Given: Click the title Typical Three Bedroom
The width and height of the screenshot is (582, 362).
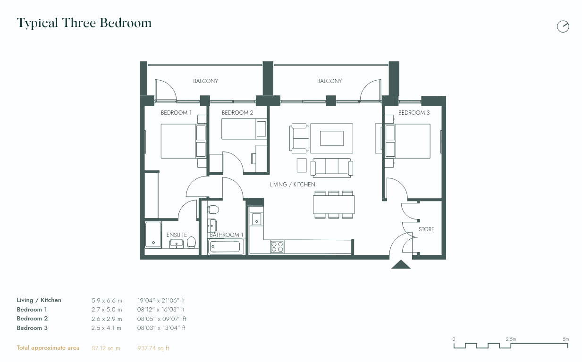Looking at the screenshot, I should (x=84, y=23).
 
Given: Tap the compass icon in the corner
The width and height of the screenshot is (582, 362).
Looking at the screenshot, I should (x=563, y=26).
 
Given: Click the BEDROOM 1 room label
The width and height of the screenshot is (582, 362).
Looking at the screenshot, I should (x=176, y=113).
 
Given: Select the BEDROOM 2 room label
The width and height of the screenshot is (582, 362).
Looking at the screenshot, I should (x=237, y=113).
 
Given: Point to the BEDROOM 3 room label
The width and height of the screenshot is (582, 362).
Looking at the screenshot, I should (x=414, y=113).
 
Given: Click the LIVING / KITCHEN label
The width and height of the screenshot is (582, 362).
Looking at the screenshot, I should (x=292, y=185).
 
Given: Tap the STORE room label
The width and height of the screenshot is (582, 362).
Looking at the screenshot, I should (x=426, y=229).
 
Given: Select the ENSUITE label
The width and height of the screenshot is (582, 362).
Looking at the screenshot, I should (x=177, y=235).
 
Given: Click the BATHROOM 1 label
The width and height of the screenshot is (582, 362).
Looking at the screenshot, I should (x=227, y=235).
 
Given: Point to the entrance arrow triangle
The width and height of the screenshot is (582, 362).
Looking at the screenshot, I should (x=401, y=265).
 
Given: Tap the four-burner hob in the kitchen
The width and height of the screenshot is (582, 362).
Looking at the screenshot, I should (x=277, y=246).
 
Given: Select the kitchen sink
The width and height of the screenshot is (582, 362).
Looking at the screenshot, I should (x=257, y=219).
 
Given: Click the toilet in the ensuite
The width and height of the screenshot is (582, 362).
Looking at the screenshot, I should (x=191, y=242).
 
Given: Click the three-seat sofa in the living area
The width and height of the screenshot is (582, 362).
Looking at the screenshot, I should (x=331, y=167).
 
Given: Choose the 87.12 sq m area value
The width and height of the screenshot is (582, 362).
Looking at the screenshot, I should (x=106, y=348).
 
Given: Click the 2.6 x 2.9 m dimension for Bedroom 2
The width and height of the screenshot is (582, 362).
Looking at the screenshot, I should (x=107, y=319).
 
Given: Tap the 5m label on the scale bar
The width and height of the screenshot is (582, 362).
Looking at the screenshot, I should (x=565, y=339).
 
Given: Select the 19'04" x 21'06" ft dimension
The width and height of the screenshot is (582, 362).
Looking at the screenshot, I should (x=161, y=300).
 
